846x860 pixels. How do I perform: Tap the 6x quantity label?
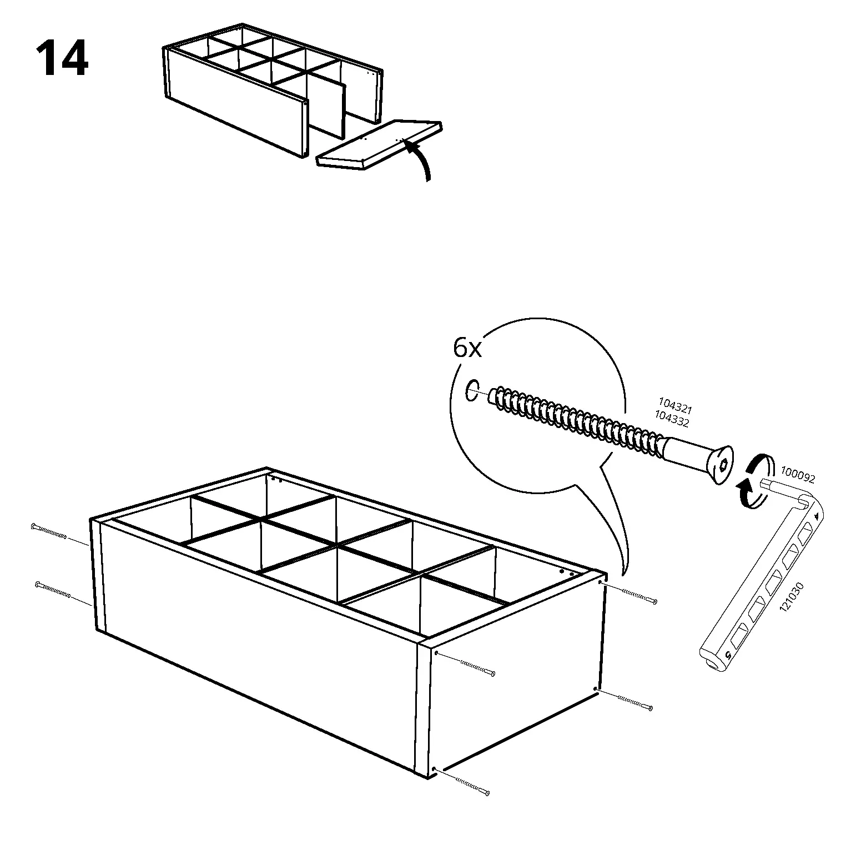(467, 349)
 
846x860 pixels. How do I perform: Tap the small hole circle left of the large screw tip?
(471, 390)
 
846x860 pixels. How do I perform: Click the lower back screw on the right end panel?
(624, 699)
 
